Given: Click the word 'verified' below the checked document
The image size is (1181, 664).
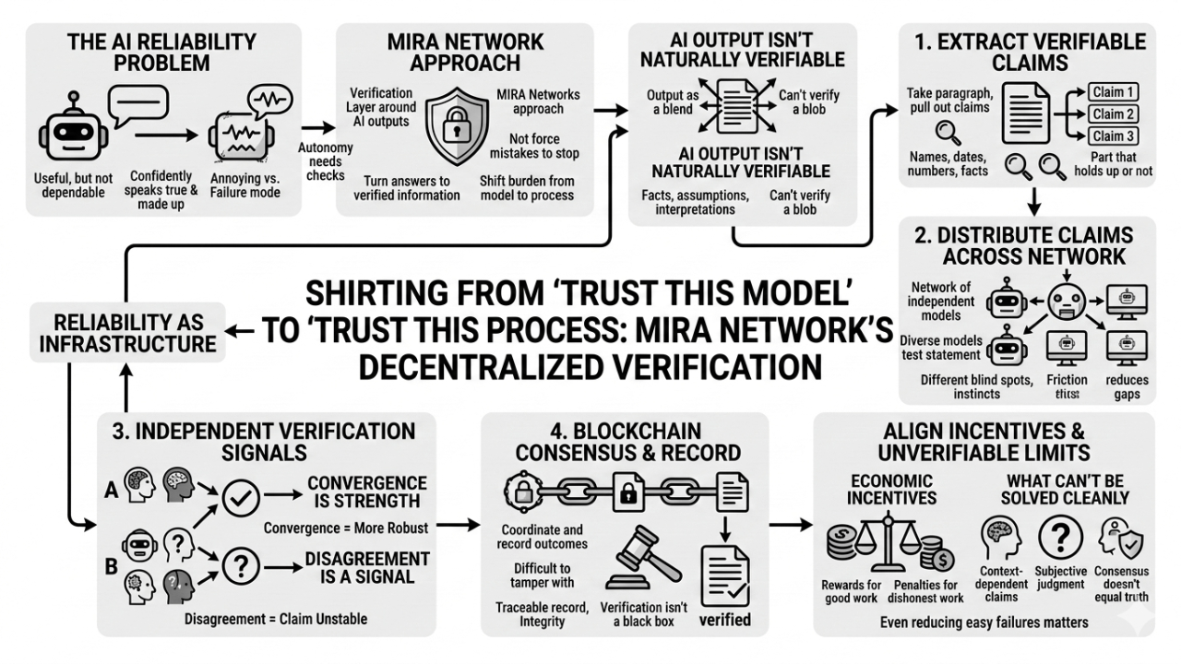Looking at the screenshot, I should click(725, 619).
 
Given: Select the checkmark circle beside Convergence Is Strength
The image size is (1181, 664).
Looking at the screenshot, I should click(238, 499).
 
